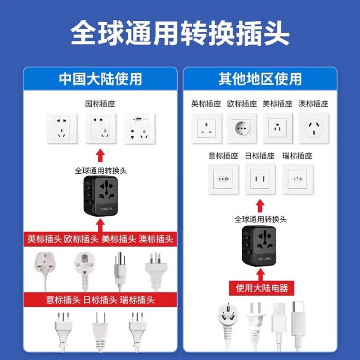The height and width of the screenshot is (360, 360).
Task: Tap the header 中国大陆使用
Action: pos(100,79)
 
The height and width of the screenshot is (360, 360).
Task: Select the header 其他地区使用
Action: pos(260,79)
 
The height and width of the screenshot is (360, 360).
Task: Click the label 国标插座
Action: pos(100,104)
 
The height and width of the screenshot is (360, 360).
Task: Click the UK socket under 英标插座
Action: pos(206,128)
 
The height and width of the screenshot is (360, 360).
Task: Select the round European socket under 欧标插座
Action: pos(242,128)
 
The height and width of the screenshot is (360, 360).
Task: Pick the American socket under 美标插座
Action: pos(278,128)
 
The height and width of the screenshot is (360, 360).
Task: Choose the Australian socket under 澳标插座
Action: pos(314,128)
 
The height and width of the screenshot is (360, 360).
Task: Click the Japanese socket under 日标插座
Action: pos(260,179)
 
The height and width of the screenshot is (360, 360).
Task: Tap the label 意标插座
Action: pos(223,156)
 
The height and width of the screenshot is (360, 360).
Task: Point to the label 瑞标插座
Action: pos(297,156)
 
